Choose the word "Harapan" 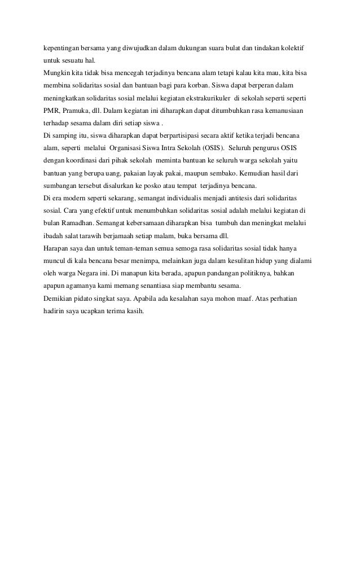coord(56,248)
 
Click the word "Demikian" coord(58,299)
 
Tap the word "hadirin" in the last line coord(55,311)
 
